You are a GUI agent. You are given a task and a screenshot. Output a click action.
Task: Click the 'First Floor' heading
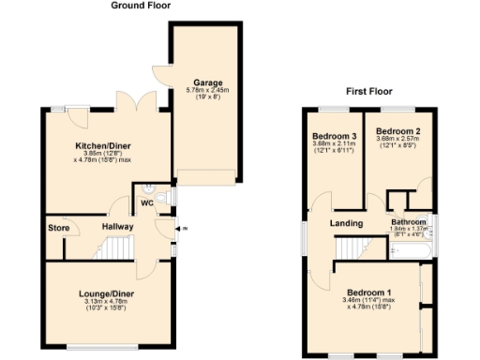[369, 92]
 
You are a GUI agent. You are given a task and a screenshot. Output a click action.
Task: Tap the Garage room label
[208, 82]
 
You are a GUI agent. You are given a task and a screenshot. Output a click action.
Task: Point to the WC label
[146, 202]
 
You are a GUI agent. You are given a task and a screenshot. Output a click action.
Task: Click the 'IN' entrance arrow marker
[183, 229]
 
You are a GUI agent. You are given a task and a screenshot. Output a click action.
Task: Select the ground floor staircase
[117, 247]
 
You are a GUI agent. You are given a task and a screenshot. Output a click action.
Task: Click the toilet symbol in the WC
[162, 196]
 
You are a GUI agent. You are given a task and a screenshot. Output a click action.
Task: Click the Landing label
[346, 223]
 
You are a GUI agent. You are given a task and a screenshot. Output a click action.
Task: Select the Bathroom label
[409, 222]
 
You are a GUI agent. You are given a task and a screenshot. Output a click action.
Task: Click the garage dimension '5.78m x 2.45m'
[208, 91]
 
